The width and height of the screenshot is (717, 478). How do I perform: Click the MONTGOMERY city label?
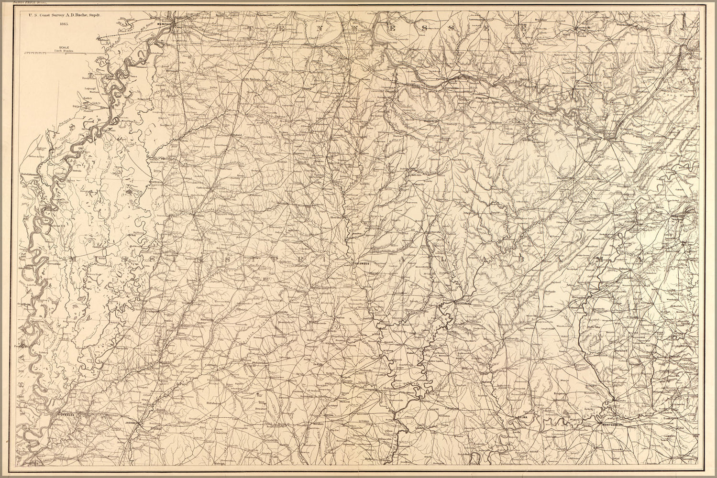tap(611, 424)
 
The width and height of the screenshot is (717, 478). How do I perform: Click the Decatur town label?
tap(260, 410)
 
